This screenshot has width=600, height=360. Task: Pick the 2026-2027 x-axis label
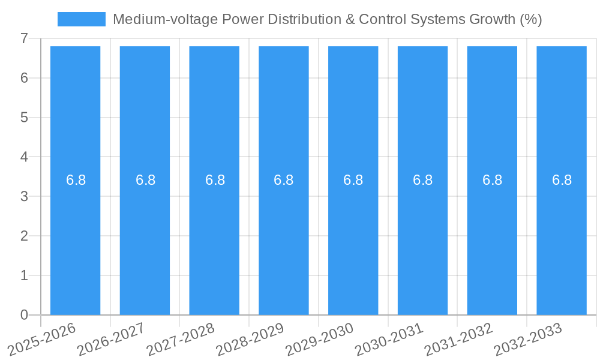point(110,340)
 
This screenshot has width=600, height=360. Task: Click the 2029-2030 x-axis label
point(319,340)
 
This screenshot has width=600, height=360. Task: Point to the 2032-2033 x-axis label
point(527,340)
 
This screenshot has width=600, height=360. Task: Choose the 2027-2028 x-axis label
point(180,340)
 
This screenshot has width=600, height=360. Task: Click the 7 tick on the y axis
point(24,38)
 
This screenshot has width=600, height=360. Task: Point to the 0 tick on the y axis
point(24,315)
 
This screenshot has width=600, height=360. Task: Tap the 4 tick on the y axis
point(24,157)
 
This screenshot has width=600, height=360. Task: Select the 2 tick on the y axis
point(24,236)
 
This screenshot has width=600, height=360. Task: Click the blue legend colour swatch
point(81,19)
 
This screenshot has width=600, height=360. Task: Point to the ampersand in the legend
point(349,19)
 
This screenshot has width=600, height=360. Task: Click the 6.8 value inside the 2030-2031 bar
point(422,180)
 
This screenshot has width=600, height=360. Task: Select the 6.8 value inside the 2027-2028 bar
point(214,180)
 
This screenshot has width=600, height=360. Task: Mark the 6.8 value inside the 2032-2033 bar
point(562,180)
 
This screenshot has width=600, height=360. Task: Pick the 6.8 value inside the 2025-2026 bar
point(76,180)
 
